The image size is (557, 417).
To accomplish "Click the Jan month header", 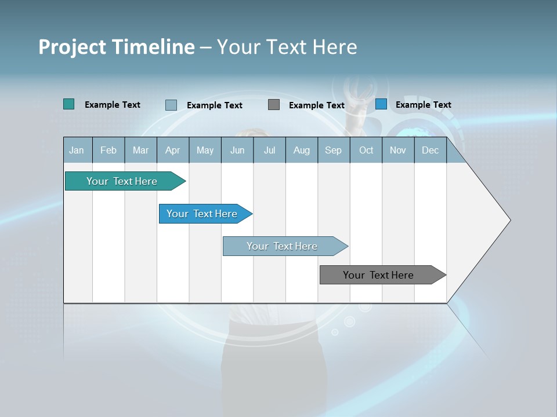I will click(77, 151).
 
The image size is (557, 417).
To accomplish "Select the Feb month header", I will click(108, 151).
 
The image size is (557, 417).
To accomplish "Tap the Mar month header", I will click(140, 151).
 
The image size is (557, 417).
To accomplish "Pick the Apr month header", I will click(173, 151).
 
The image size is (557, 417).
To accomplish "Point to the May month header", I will click(205, 151).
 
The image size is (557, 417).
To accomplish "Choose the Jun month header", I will click(237, 151).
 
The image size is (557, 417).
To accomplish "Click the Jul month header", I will click(269, 151).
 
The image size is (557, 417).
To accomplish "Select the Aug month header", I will click(302, 151).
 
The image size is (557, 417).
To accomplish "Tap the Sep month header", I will click(334, 151).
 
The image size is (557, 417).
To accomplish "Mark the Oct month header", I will click(366, 151).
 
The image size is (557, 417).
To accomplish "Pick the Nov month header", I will click(398, 151).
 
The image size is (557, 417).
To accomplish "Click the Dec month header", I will click(431, 151).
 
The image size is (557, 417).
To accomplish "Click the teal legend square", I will click(69, 104).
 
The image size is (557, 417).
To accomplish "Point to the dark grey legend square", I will click(274, 105).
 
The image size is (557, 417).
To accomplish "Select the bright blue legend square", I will click(381, 104).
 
